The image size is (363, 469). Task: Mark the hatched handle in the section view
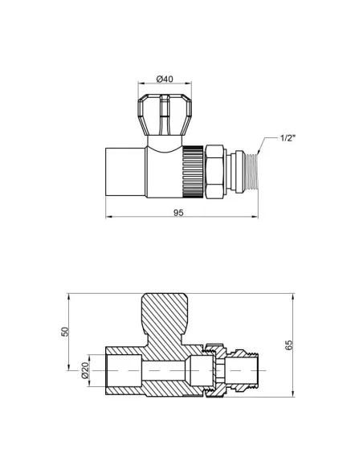[164, 317]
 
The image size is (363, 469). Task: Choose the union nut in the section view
[214, 372]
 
